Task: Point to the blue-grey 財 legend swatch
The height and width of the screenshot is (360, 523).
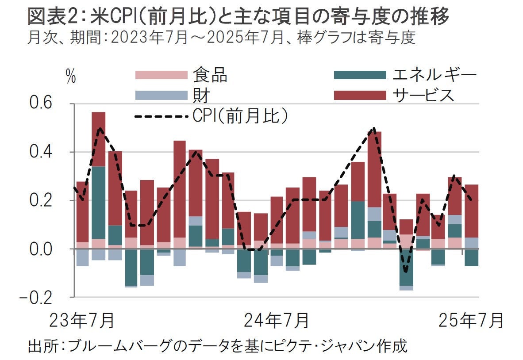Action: coord(161,95)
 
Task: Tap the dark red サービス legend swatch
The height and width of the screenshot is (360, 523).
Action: coord(360,95)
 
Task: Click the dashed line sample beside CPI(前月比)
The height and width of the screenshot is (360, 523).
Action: coord(161,117)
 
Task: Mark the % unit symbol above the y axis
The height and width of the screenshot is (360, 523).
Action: coord(70,77)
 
